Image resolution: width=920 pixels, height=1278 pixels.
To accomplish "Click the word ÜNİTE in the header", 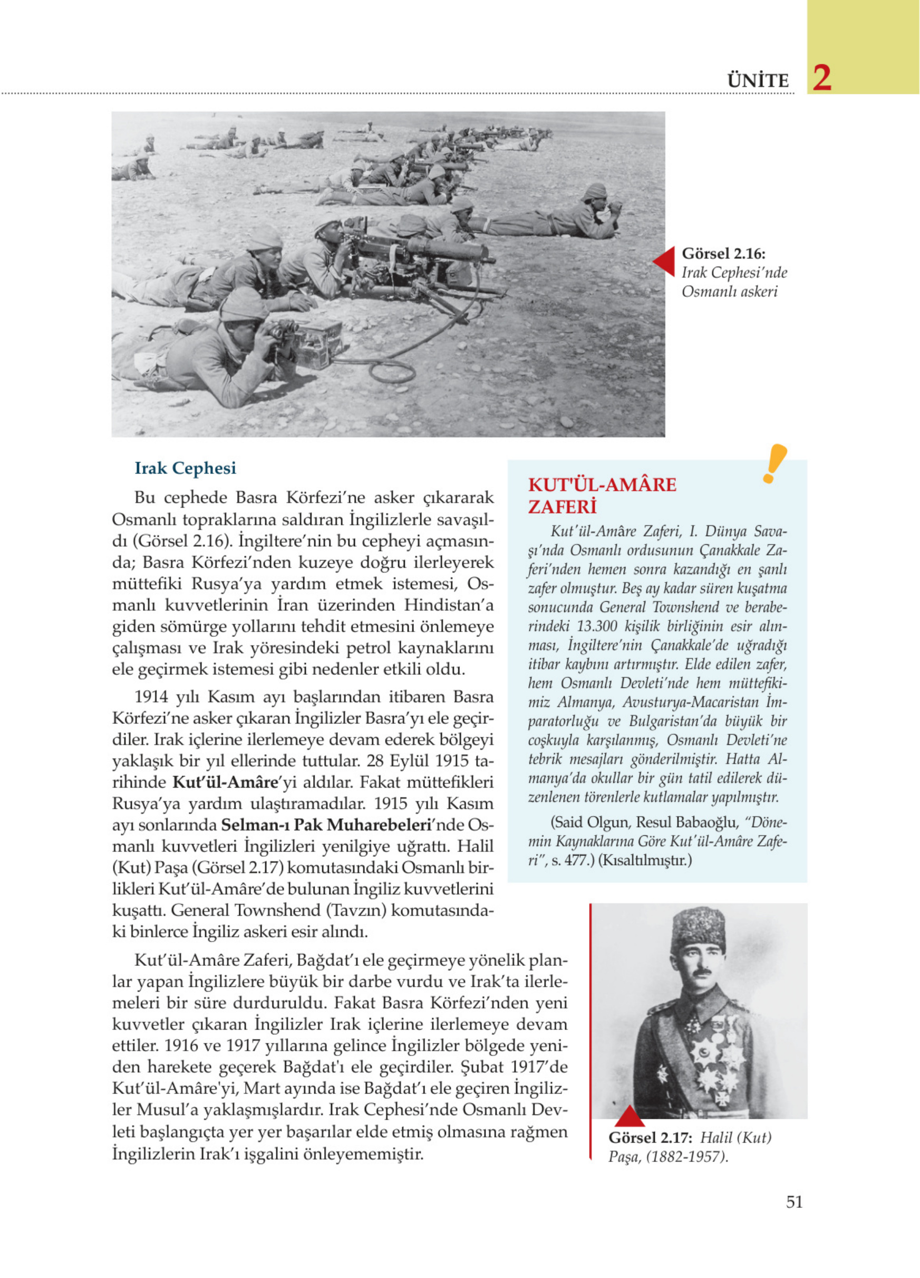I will [758, 81].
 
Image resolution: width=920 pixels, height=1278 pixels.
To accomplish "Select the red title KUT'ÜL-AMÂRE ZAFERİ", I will [602, 495].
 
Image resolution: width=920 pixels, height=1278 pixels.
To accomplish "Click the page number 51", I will [794, 1202].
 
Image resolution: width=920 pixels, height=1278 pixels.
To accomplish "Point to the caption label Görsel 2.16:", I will [723, 253].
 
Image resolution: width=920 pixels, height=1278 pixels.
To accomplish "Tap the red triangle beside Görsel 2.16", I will [665, 262].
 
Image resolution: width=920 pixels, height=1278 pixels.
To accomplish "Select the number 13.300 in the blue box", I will [596, 626].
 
